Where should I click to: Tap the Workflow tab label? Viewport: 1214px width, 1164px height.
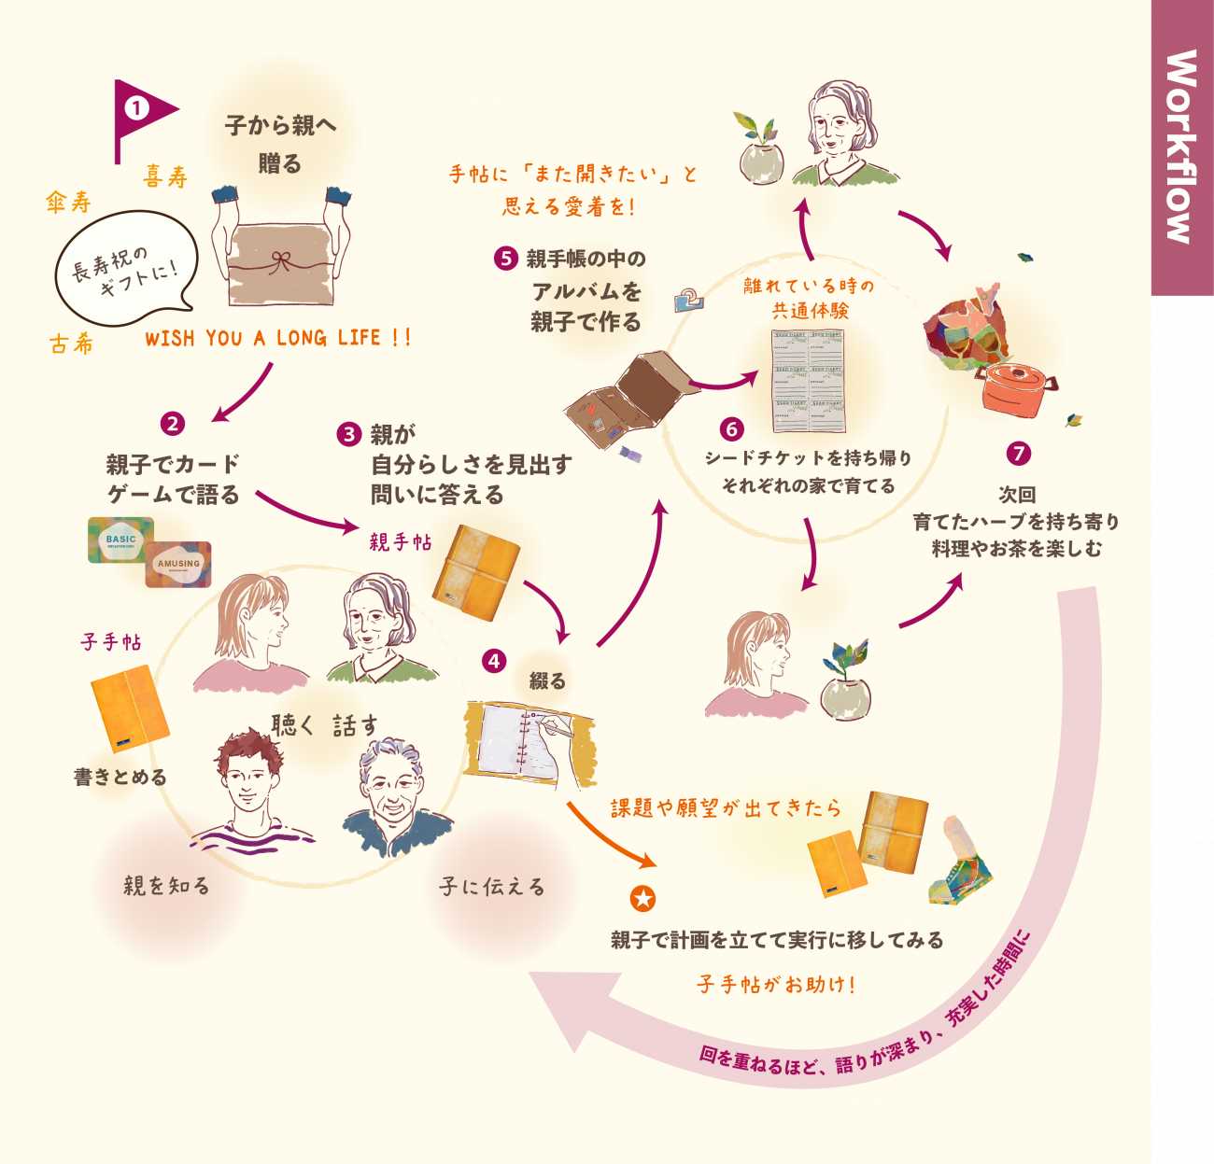coord(1181,147)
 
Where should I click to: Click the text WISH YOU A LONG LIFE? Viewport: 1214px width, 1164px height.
coord(277,338)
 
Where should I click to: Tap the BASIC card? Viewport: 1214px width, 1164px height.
coord(120,540)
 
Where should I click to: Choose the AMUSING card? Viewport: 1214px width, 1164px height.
coord(177,564)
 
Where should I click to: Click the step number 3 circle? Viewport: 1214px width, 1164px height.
coord(349,434)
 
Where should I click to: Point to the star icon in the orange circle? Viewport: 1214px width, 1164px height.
coord(642,899)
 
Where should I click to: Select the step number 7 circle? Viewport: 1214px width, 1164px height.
coord(1018,454)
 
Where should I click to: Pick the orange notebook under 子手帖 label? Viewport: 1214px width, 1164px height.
coord(130,708)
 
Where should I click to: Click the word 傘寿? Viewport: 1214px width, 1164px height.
coord(69,202)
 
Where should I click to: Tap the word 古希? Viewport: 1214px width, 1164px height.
coord(71,344)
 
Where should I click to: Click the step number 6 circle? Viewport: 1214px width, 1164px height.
coord(731,428)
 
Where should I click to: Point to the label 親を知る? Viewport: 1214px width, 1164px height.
coord(167,885)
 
